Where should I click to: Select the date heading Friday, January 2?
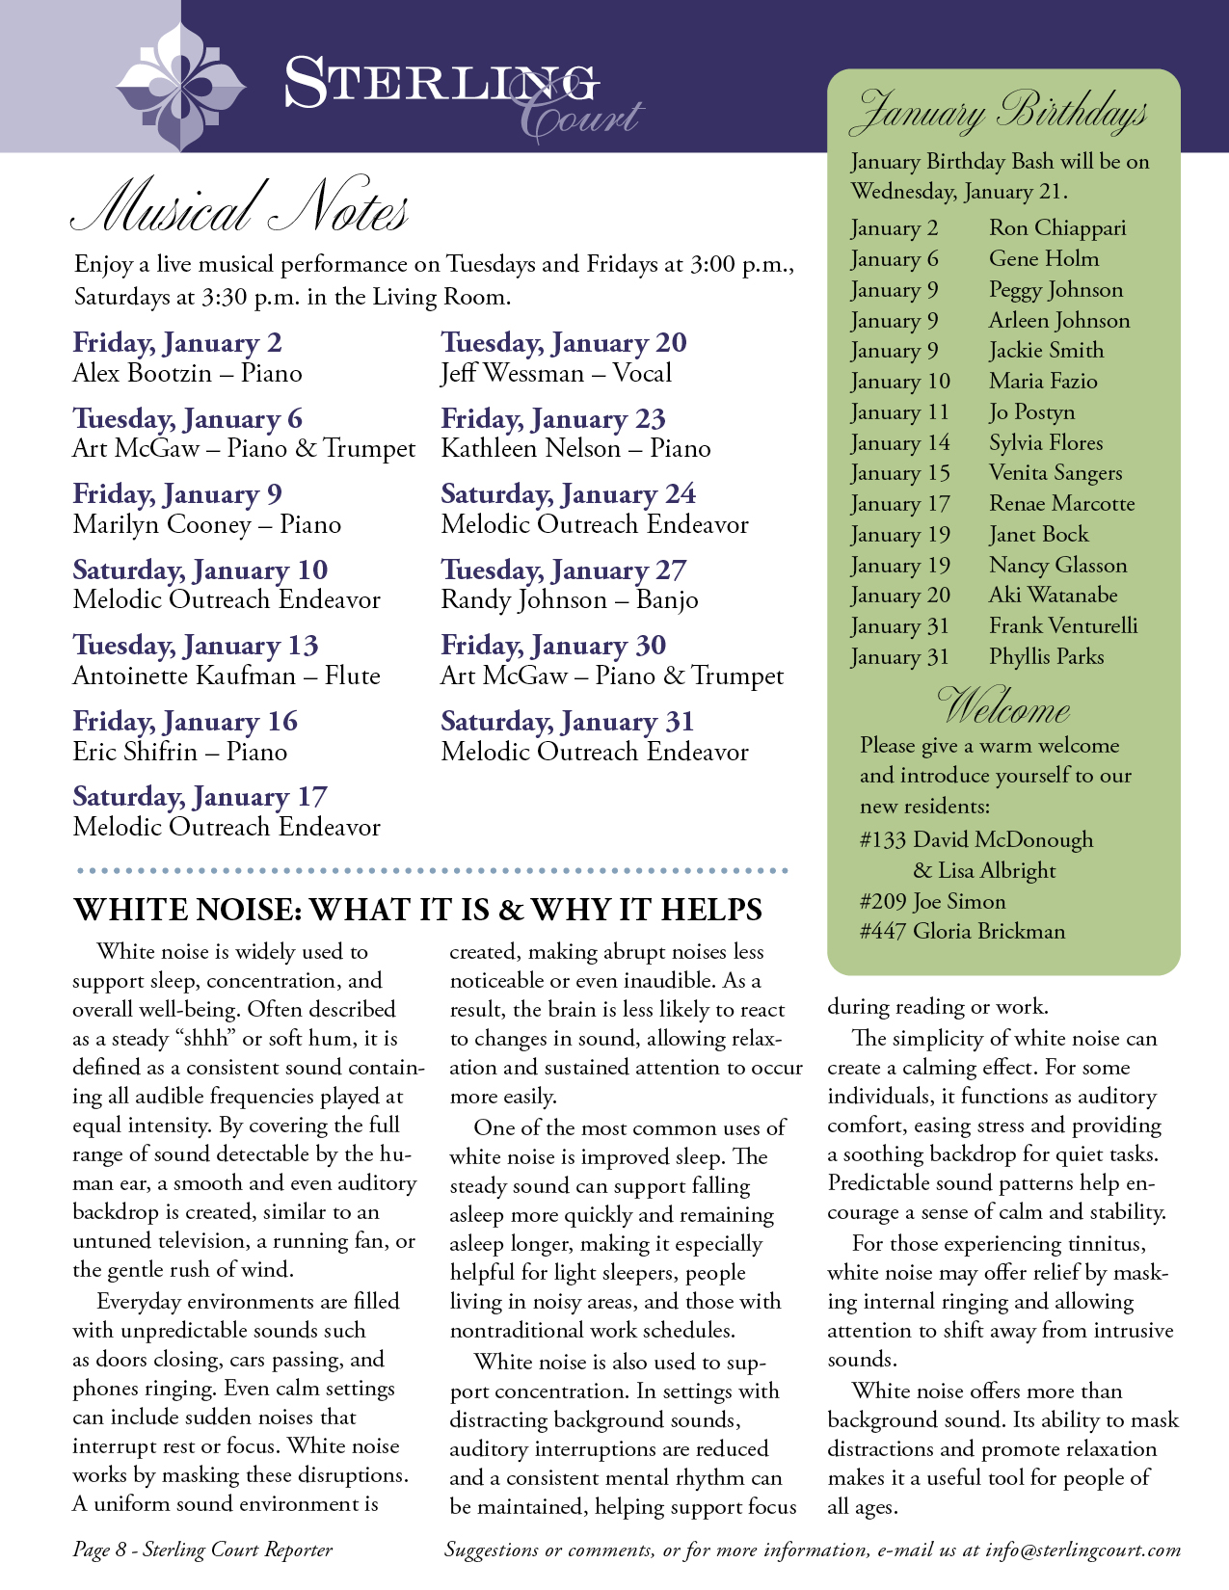(177, 343)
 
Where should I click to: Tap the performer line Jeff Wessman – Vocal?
(556, 374)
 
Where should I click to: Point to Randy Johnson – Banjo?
(569, 600)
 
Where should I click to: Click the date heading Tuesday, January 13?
(196, 646)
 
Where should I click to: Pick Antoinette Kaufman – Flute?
(227, 676)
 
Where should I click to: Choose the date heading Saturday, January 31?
(567, 722)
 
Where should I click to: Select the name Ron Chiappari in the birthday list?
(1056, 228)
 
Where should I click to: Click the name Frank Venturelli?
(1062, 626)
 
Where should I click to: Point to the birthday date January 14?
(900, 443)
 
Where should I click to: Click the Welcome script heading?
(1002, 707)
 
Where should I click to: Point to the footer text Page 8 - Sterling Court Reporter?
(202, 1550)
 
